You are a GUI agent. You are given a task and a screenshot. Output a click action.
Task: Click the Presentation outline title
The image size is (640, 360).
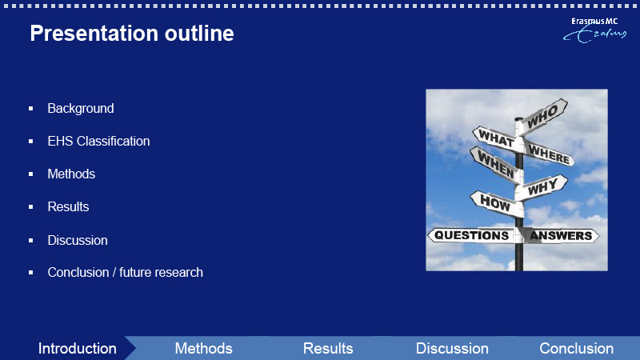[x=132, y=33]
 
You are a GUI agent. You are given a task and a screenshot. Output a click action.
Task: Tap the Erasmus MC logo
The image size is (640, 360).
[x=594, y=30]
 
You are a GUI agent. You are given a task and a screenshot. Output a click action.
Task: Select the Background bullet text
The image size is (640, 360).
[x=81, y=108]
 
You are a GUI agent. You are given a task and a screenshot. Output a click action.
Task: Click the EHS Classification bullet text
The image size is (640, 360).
[x=98, y=142]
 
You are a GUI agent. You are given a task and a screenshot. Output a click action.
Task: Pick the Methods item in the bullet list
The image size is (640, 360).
[x=71, y=174]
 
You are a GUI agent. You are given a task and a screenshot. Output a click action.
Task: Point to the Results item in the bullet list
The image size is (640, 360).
[x=68, y=206]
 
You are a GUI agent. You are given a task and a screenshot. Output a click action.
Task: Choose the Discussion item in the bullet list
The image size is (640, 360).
[x=78, y=240]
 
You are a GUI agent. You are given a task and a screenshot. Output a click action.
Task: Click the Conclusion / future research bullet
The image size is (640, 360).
[x=125, y=272]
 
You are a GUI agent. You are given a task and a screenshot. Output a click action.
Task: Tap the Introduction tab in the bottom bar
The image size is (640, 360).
[x=77, y=349]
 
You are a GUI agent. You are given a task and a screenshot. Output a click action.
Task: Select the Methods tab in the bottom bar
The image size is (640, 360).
[x=204, y=349]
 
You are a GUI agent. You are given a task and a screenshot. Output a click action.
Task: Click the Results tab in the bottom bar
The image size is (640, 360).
[x=328, y=349]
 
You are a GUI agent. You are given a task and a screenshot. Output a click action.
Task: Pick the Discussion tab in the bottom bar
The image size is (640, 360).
[x=452, y=349]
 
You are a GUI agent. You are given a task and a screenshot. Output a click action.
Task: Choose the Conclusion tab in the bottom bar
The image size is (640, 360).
[x=576, y=349]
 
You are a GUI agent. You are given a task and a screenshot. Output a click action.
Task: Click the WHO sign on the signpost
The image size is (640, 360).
[x=543, y=115]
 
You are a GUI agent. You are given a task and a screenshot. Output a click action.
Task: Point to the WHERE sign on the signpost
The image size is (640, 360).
[x=550, y=154]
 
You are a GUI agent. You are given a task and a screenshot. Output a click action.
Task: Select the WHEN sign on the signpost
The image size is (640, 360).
[x=495, y=164]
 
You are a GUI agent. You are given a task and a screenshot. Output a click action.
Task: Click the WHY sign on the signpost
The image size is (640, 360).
[x=543, y=187]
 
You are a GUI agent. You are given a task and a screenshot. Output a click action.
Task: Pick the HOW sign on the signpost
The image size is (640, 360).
[x=496, y=202]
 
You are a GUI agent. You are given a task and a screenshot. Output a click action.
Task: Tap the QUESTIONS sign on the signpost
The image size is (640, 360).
[x=471, y=235]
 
